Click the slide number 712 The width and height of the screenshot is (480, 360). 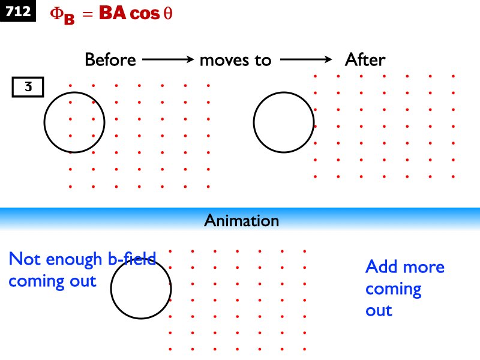coord(19,12)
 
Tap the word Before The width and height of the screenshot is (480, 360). coord(110,60)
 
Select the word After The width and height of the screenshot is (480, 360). coord(365,60)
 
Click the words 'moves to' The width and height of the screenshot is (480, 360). coord(235,60)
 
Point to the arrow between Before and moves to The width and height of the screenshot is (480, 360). coord(167,60)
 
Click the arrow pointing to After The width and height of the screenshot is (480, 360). coord(306,60)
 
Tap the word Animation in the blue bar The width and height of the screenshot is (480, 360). coord(241,221)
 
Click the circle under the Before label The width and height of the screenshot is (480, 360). coord(74,122)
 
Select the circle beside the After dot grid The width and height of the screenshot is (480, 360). coord(284,122)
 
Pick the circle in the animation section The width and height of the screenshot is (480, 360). coord(141,289)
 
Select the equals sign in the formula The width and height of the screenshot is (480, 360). coord(88,15)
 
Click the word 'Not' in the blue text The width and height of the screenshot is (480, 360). coord(25,259)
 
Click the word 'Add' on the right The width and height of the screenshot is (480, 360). coord(380,266)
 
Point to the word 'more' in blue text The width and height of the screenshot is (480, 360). coord(422,267)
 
